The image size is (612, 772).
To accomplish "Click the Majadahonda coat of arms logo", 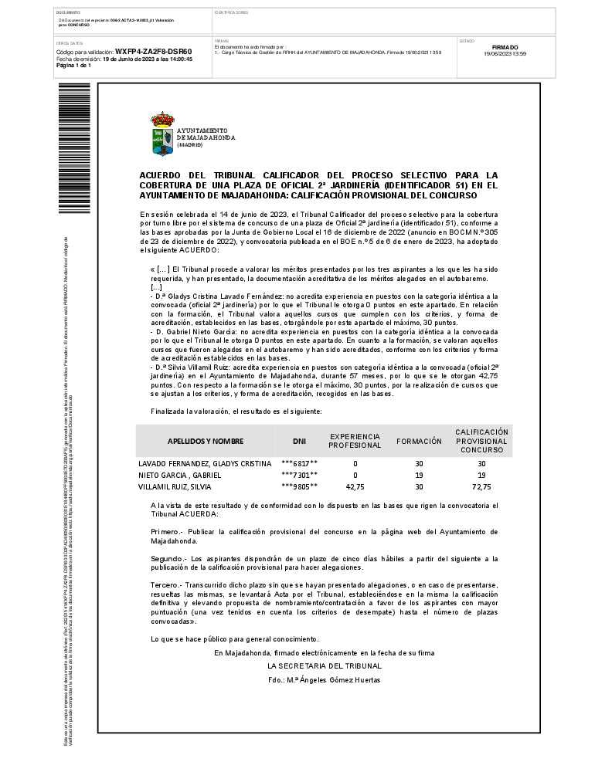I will (x=162, y=134).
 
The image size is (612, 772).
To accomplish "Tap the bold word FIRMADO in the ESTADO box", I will (x=505, y=47).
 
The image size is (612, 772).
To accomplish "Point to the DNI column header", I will (x=299, y=441).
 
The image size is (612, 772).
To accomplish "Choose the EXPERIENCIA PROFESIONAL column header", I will (x=355, y=441).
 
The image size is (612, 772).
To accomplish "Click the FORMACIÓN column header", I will (x=419, y=441).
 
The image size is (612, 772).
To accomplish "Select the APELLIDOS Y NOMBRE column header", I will (x=206, y=441).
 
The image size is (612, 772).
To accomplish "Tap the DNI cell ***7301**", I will (x=299, y=475).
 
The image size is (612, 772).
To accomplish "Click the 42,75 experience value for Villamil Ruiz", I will (x=355, y=487).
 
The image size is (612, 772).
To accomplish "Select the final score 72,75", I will (x=481, y=487).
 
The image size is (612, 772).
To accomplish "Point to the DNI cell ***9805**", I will (x=299, y=487).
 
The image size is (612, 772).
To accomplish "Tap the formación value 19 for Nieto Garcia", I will (x=419, y=475).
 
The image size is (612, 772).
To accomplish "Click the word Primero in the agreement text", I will (x=165, y=532).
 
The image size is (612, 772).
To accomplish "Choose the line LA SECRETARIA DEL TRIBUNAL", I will (x=325, y=665).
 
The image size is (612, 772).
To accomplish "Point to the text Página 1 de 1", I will (x=73, y=66).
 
